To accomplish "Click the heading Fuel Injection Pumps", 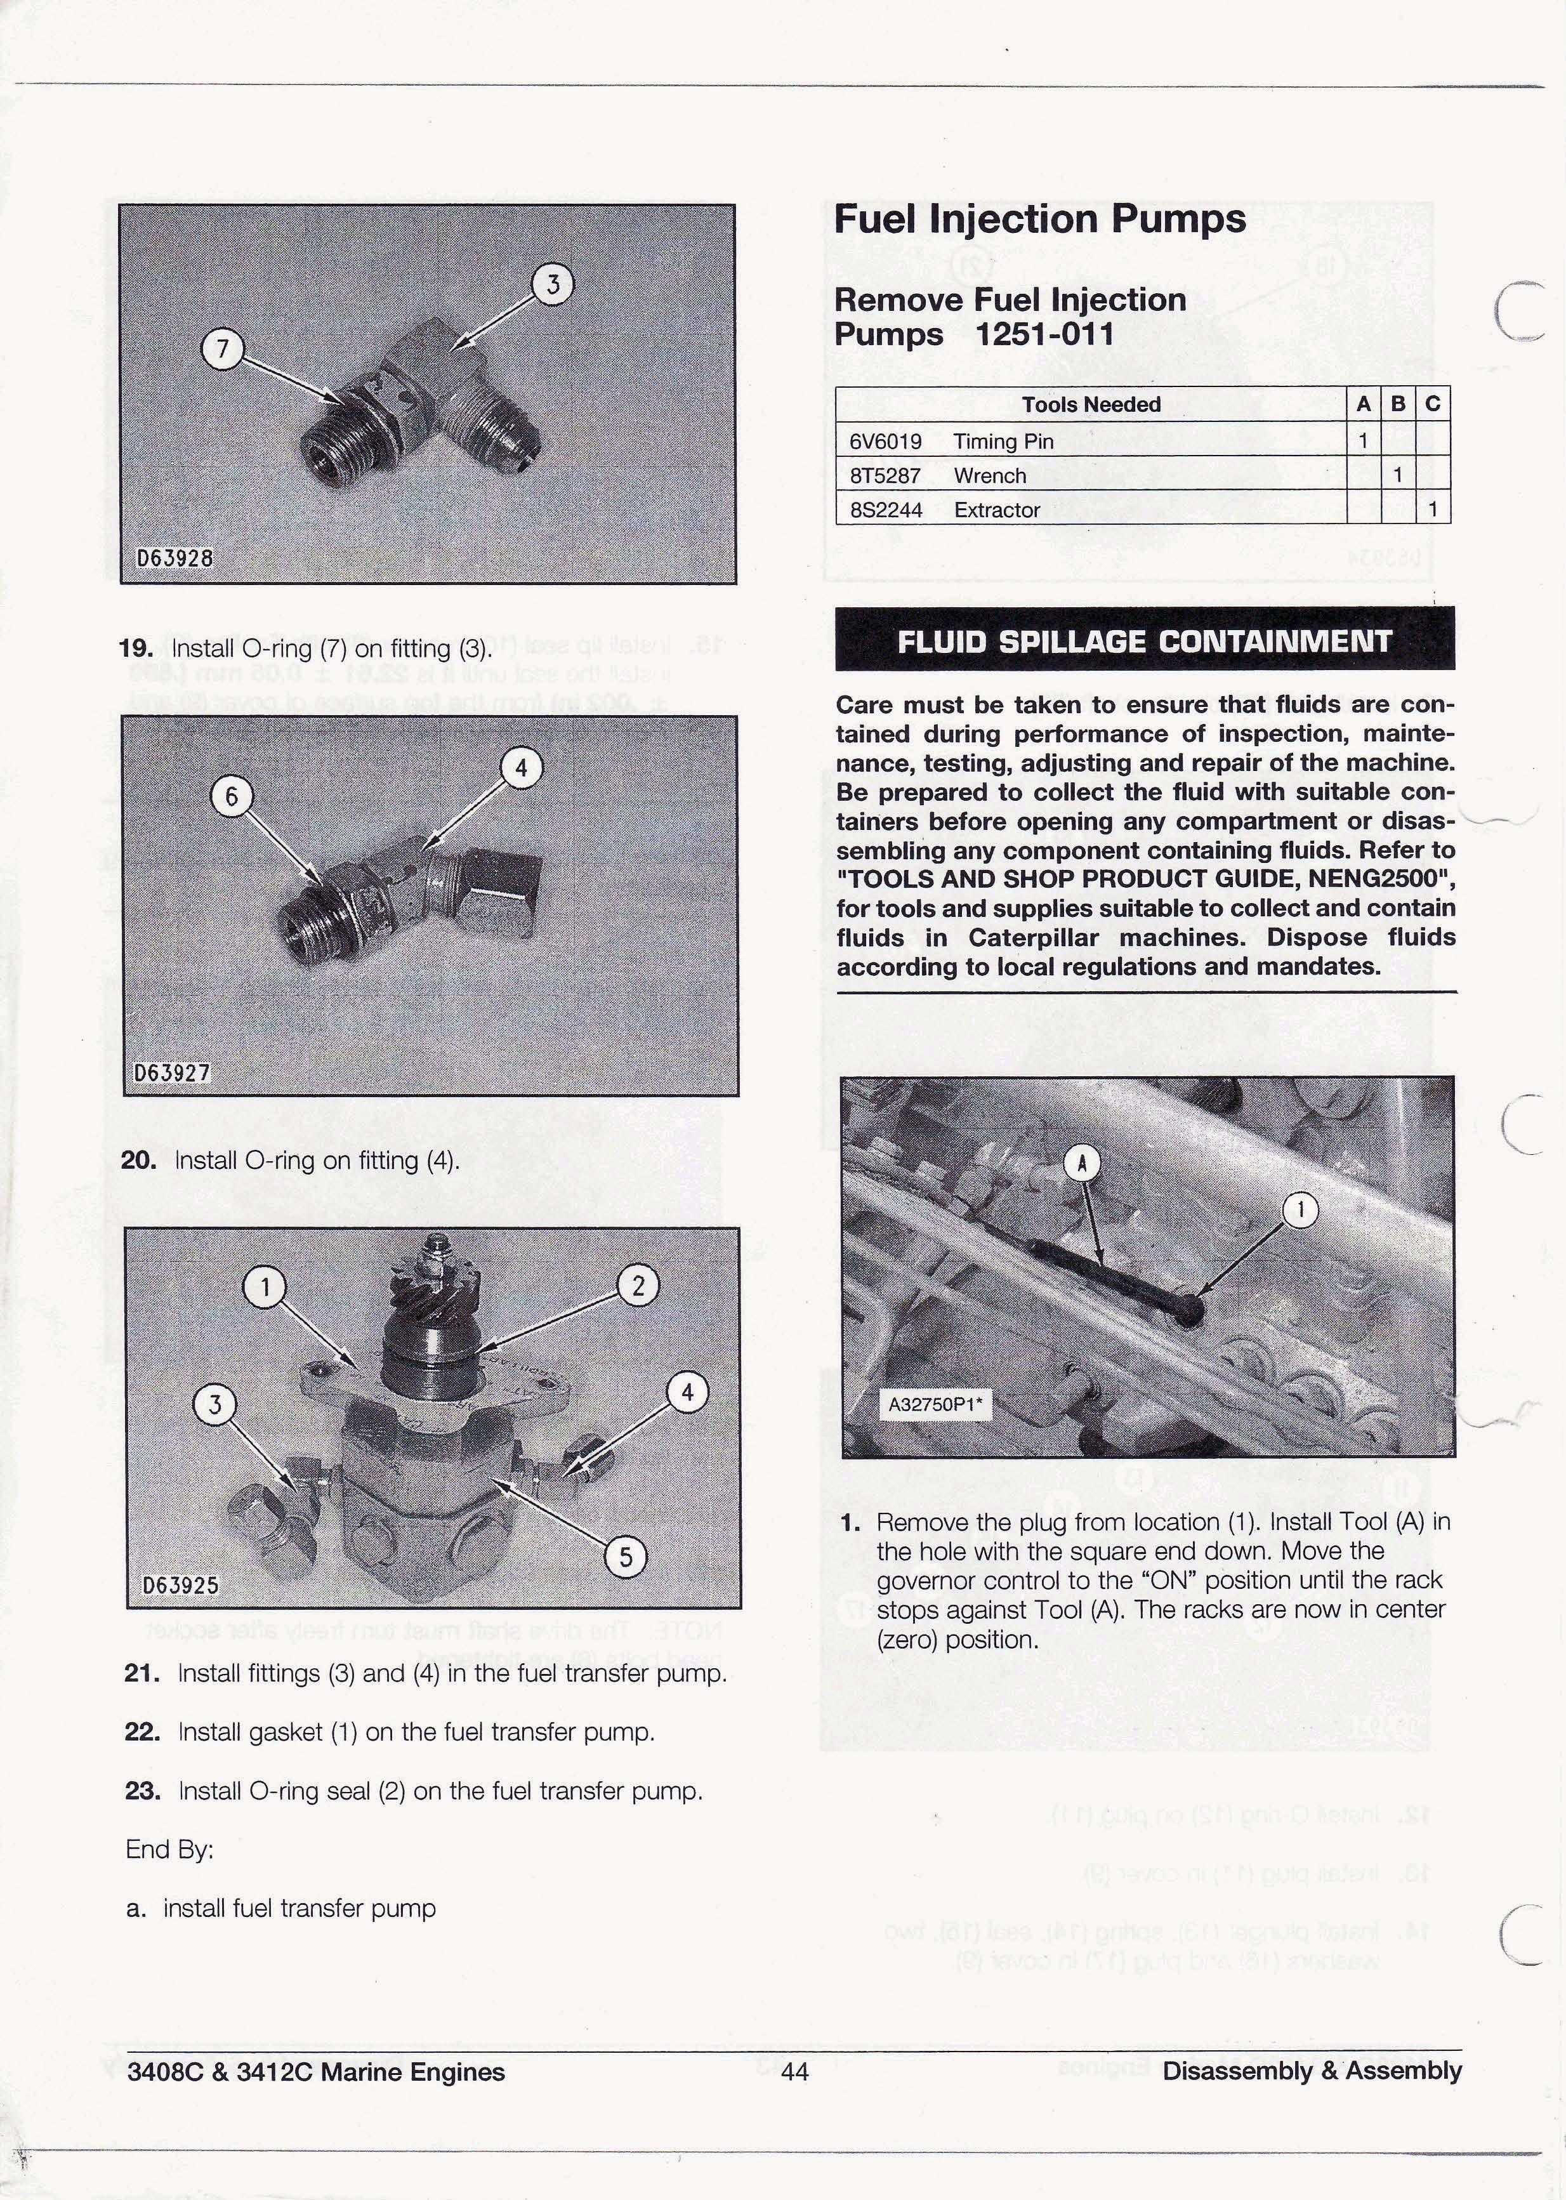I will coord(1039,220).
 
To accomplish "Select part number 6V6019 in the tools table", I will coord(885,442).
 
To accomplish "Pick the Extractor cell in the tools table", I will coord(996,510).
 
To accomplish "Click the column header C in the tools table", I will coord(1432,404).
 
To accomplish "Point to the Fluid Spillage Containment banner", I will coord(1145,641).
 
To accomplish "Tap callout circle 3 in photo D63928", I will coord(553,286).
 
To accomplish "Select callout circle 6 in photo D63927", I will coord(232,797).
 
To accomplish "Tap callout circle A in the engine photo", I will coord(1082,1164).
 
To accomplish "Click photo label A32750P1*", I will coord(933,1405).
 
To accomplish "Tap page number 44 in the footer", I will coord(794,2072).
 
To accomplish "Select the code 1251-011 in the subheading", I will coord(1044,334).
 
